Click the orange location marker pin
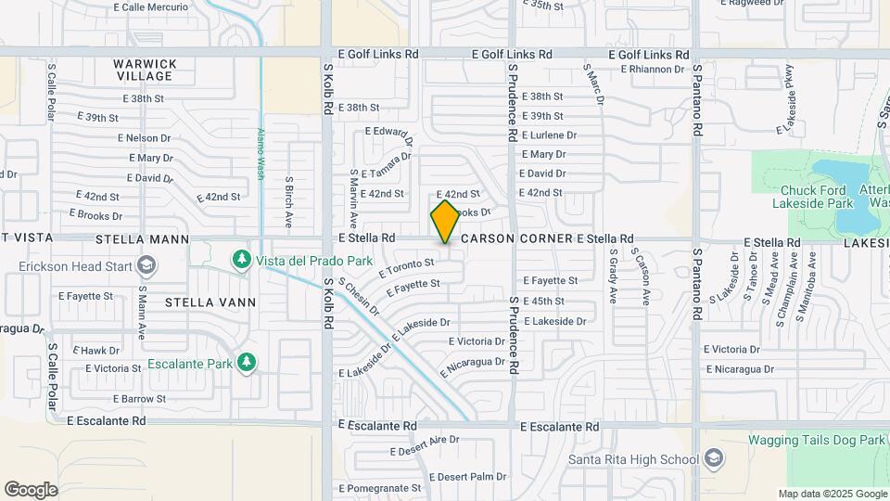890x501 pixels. pyautogui.click(x=445, y=221)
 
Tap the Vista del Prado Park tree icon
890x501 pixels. pyautogui.click(x=242, y=257)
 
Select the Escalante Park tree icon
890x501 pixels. pyautogui.click(x=246, y=361)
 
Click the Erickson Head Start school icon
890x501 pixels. pyautogui.click(x=145, y=266)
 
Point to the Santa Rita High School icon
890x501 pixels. pyautogui.click(x=714, y=458)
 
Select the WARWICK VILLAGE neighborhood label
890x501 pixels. pyautogui.click(x=145, y=70)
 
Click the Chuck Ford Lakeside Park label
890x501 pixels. pyautogui.click(x=812, y=196)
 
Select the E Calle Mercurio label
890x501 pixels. pyautogui.click(x=150, y=6)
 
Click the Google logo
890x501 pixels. pyautogui.click(x=31, y=489)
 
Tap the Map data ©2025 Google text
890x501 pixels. pyautogui.click(x=832, y=494)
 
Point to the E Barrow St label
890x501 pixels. pyautogui.click(x=140, y=398)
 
